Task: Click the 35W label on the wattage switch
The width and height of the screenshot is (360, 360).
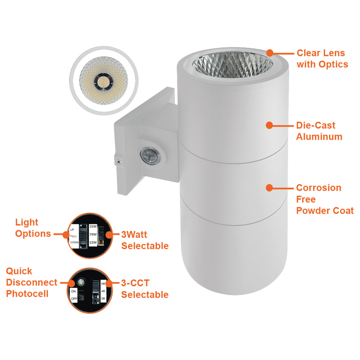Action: [x=93, y=226]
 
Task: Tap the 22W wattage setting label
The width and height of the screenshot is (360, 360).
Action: [x=93, y=242]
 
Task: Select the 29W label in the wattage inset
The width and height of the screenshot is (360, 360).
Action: [x=93, y=235]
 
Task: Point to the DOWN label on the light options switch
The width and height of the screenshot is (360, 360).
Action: [x=74, y=242]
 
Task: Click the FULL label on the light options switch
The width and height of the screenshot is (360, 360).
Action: [x=73, y=236]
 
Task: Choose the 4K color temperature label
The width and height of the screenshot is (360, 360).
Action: [x=103, y=291]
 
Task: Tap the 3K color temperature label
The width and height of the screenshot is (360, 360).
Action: [x=103, y=298]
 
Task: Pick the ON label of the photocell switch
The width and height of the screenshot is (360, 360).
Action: [x=73, y=291]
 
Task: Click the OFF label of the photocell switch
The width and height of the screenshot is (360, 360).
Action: [x=74, y=298]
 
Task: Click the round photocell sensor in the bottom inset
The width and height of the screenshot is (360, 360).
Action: [x=81, y=282]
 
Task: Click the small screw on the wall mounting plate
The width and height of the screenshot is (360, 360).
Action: [x=118, y=161]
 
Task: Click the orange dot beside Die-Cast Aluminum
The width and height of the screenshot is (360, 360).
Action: [x=269, y=125]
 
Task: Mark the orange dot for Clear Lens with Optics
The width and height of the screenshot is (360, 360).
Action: [x=270, y=53]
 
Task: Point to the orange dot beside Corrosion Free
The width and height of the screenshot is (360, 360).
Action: [x=269, y=188]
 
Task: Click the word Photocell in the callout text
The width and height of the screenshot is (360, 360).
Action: [x=27, y=294]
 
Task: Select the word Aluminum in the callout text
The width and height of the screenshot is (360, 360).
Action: [x=319, y=136]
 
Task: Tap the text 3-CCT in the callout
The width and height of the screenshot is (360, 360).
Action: [x=135, y=283]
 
